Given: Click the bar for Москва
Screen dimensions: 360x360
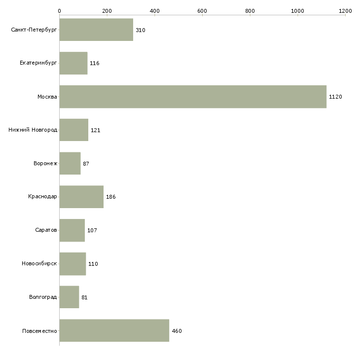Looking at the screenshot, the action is pyautogui.click(x=193, y=97).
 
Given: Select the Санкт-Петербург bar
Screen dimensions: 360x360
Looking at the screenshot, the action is pyautogui.click(x=96, y=30).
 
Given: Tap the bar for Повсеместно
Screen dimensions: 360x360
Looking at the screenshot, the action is pyautogui.click(x=114, y=330).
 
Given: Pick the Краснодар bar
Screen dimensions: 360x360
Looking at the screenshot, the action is pyautogui.click(x=81, y=197).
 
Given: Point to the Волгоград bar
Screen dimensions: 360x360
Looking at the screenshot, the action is pyautogui.click(x=69, y=297).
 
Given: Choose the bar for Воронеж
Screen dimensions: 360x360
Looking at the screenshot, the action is pyautogui.click(x=70, y=163).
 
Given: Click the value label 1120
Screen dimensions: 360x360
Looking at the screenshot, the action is pyautogui.click(x=335, y=97).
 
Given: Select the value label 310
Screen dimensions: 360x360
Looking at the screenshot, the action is pyautogui.click(x=140, y=30).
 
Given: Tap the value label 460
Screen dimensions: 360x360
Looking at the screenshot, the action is pyautogui.click(x=177, y=331).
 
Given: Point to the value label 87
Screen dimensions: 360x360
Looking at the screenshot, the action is pyautogui.click(x=86, y=164).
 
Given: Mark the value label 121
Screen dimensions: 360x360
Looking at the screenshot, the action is pyautogui.click(x=96, y=130).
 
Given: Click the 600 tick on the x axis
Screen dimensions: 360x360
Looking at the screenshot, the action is pyautogui.click(x=202, y=11).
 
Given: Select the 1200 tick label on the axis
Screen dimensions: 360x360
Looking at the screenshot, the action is pyautogui.click(x=345, y=11).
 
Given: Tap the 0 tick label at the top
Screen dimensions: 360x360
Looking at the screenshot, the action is pyautogui.click(x=60, y=11).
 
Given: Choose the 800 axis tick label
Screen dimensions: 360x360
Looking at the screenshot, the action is pyautogui.click(x=250, y=11).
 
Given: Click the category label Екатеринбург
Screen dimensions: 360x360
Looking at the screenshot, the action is pyautogui.click(x=38, y=63).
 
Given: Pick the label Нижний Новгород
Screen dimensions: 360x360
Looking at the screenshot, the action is pyautogui.click(x=33, y=130).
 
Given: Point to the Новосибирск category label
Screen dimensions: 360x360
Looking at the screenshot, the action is pyautogui.click(x=39, y=263).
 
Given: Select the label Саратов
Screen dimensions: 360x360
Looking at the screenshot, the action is pyautogui.click(x=46, y=230).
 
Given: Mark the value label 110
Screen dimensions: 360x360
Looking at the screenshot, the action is pyautogui.click(x=93, y=264).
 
